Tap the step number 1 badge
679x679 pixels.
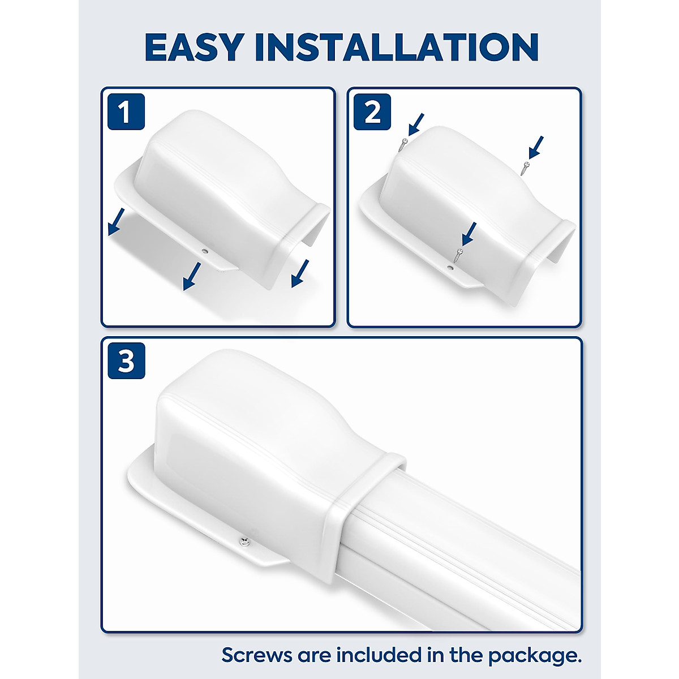(x=126, y=111)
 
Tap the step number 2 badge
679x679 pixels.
(x=372, y=111)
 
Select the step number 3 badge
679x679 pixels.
(x=126, y=360)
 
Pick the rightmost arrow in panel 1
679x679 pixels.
(x=300, y=273)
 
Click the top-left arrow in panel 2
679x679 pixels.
(x=416, y=124)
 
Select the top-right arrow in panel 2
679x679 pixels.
(x=536, y=147)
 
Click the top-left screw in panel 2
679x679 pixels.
(x=402, y=144)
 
